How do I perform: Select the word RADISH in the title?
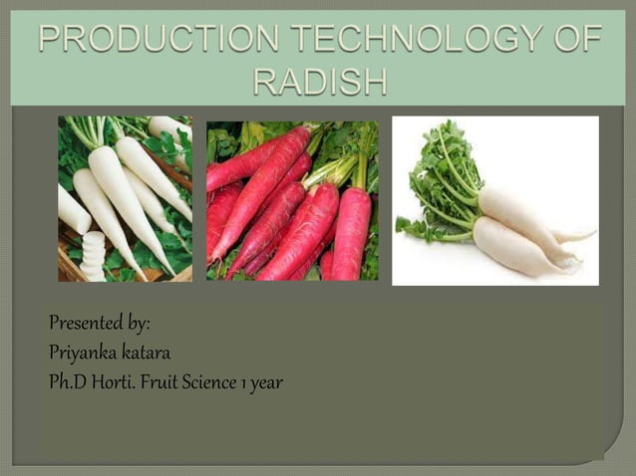[x=319, y=81]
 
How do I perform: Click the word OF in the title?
[x=575, y=41]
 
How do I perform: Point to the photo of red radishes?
[x=292, y=200]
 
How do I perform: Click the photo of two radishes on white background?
[x=495, y=200]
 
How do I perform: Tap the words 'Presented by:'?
[x=99, y=325]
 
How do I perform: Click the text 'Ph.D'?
[x=66, y=381]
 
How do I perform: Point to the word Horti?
[x=116, y=381]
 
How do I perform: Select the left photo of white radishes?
[x=125, y=198]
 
